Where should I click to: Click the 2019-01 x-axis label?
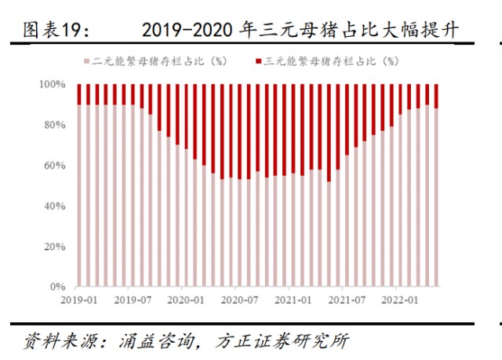(79, 299)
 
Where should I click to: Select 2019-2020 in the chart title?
(184, 31)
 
